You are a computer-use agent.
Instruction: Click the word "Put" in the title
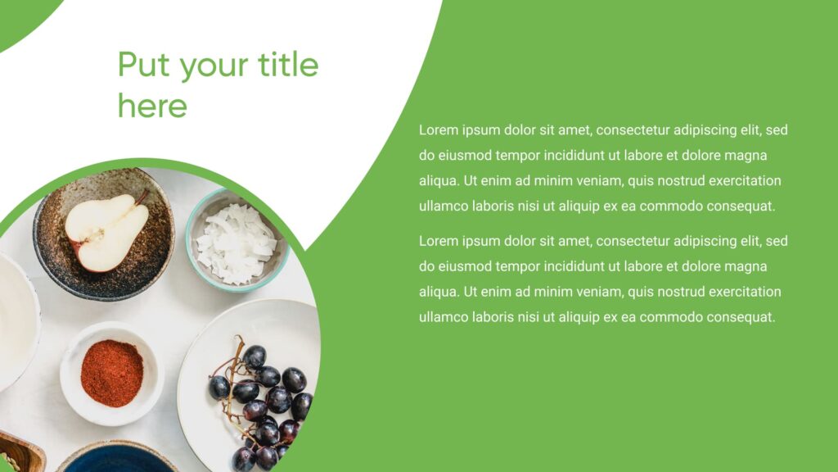point(144,65)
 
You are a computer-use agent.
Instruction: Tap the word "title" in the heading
point(288,64)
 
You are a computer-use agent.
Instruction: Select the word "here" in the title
point(152,106)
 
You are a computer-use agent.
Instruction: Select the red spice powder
point(111,373)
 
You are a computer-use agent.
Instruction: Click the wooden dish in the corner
point(18,454)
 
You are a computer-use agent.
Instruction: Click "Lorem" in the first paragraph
point(439,130)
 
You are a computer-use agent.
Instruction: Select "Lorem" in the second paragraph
point(439,242)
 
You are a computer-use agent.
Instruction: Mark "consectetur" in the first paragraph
point(632,130)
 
